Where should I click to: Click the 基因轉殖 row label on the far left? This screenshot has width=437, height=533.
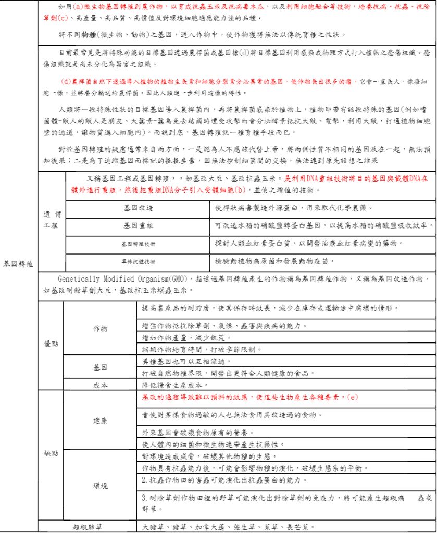click(x=18, y=264)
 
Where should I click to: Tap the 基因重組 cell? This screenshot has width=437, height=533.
click(x=138, y=226)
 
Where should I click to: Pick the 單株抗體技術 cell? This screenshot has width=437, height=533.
click(x=138, y=261)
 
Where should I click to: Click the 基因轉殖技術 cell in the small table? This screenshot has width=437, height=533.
click(x=138, y=244)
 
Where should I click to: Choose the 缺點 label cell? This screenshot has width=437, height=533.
click(x=51, y=453)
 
